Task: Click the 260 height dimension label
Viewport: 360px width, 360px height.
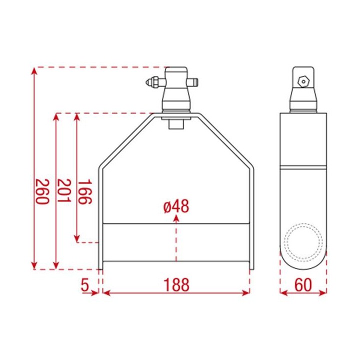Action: click(x=40, y=191)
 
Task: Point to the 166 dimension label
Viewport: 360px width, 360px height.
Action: click(x=84, y=191)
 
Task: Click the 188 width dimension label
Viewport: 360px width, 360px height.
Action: click(x=176, y=285)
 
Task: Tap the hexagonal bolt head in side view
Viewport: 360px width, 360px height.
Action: click(x=302, y=80)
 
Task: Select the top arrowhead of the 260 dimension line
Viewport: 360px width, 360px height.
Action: click(x=34, y=71)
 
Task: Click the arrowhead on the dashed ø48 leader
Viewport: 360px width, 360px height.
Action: click(x=176, y=219)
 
